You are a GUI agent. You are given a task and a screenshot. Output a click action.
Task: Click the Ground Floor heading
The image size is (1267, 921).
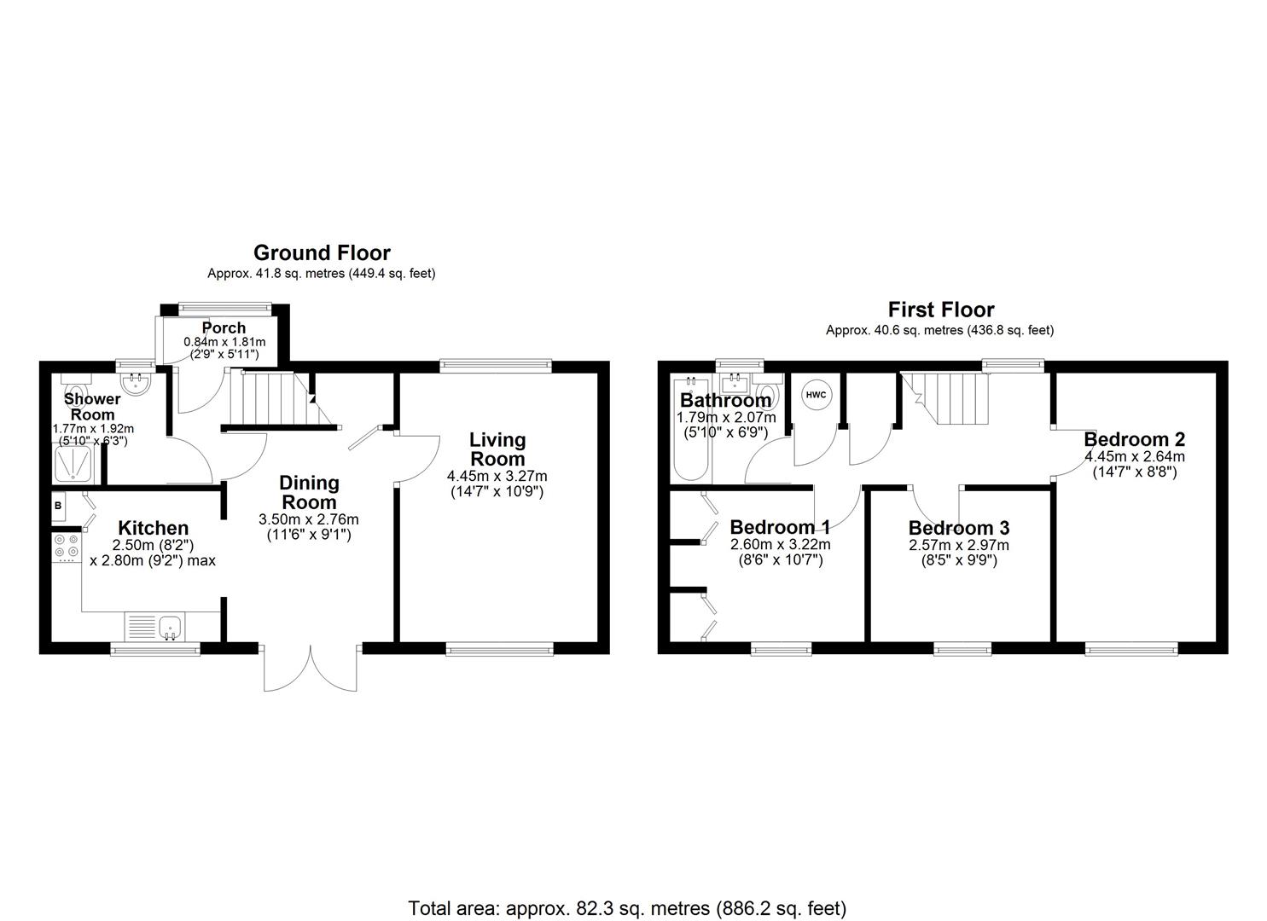pos(322,253)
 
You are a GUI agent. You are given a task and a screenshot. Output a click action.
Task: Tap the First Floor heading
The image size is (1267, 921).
pos(941,310)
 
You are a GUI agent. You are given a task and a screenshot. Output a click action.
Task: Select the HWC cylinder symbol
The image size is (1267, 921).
pos(815,395)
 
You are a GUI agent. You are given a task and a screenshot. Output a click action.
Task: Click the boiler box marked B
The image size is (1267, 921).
pos(58,505)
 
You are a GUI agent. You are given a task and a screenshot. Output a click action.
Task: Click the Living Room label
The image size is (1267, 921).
pos(497,449)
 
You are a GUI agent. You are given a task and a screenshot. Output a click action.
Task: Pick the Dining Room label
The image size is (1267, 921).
pos(309,492)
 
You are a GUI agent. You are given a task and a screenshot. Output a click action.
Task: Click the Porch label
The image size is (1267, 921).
pos(224,328)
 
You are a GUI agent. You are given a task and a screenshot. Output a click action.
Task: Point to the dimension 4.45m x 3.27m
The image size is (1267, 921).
pos(497,476)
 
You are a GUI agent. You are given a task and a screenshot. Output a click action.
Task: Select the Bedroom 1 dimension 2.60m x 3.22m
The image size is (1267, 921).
pos(780,544)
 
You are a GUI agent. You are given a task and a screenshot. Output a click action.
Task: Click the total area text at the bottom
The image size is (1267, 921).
pos(627,908)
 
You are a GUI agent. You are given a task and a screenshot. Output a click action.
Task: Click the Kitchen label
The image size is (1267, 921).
pos(153,528)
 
